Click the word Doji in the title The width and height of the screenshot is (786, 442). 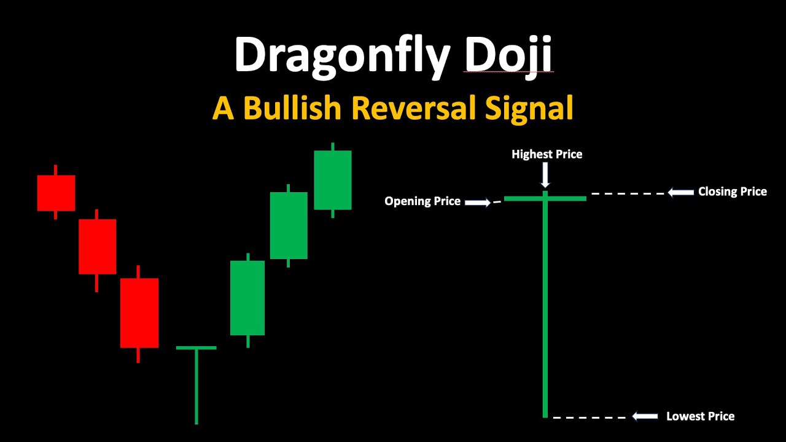tap(508, 56)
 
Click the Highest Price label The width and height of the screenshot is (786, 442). tap(547, 154)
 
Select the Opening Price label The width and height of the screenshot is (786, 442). tap(422, 201)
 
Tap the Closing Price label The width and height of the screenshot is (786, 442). tap(732, 192)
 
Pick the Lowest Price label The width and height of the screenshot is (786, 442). tap(700, 416)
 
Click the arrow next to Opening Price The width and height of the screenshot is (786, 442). tap(478, 201)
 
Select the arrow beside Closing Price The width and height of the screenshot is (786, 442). tap(680, 193)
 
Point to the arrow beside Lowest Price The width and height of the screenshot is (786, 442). tap(645, 417)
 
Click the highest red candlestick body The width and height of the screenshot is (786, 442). tap(56, 193)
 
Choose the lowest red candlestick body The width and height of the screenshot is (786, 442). tap(139, 312)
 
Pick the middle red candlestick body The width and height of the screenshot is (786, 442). tap(97, 246)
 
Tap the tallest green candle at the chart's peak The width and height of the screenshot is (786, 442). tap(333, 180)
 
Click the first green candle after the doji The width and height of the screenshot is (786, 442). tap(247, 298)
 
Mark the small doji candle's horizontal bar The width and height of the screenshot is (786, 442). tap(196, 347)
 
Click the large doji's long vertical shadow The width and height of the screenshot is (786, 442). tap(545, 307)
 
